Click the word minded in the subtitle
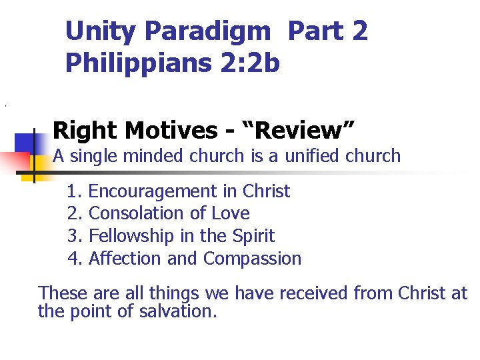coord(151,156)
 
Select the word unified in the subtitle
coord(313,156)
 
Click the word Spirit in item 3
coord(253,236)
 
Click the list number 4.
coord(73,258)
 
